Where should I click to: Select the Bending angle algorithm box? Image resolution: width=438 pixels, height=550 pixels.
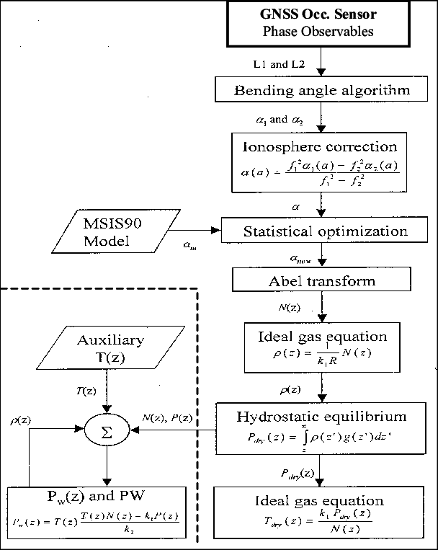(322, 90)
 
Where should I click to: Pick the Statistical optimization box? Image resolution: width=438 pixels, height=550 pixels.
(325, 232)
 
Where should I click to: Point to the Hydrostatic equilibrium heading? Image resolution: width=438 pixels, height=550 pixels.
(321, 417)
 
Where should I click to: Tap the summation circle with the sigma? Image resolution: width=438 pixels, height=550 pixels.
(107, 430)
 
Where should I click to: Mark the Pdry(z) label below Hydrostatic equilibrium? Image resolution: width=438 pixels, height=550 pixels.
(297, 474)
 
